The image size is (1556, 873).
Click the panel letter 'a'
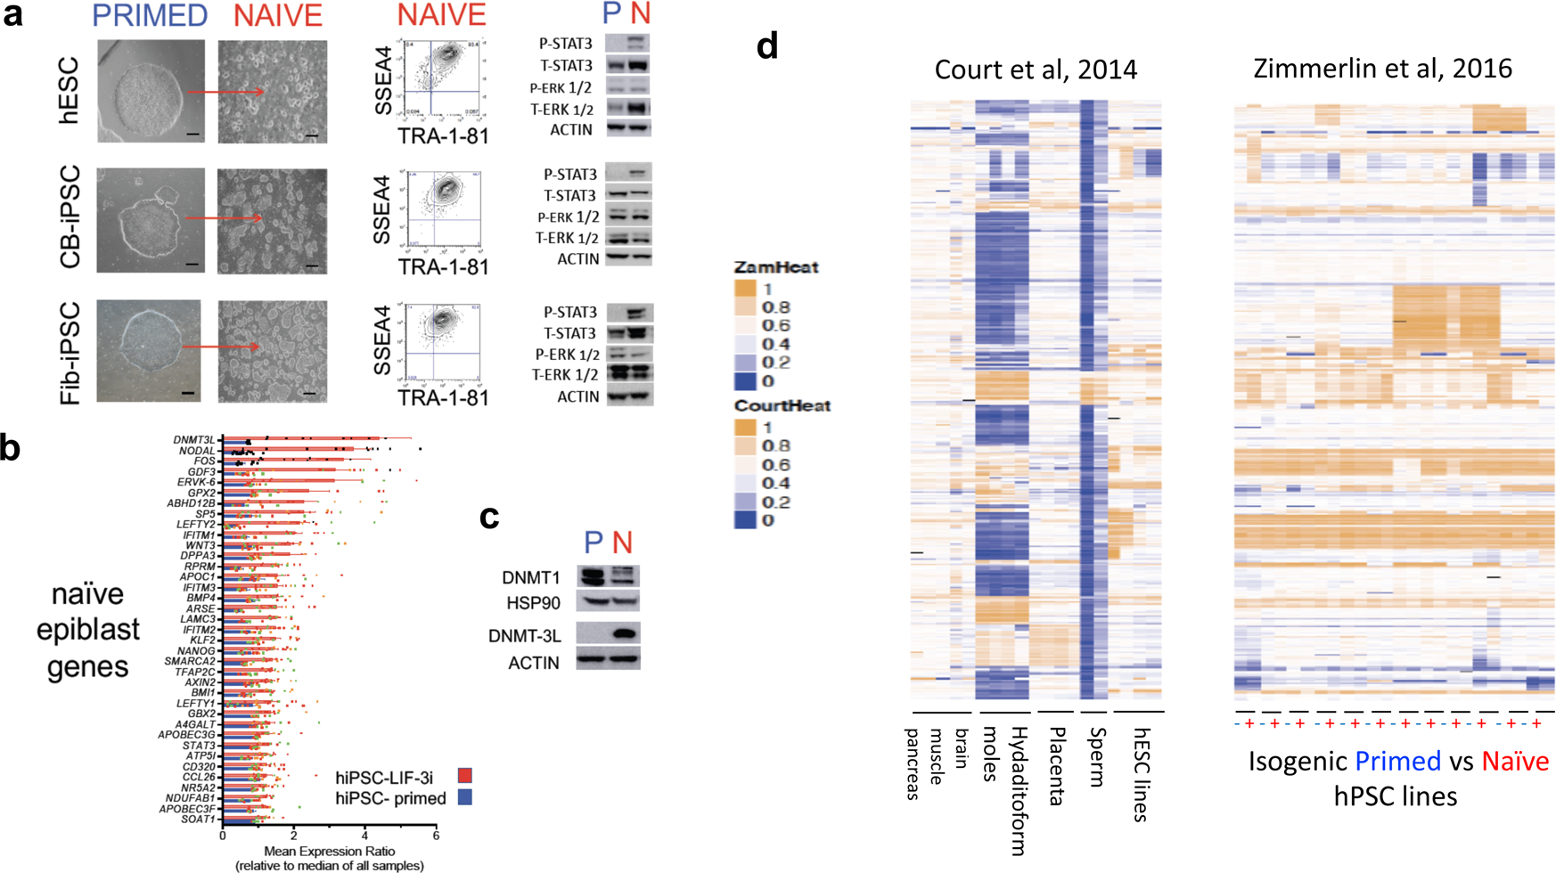point(12,15)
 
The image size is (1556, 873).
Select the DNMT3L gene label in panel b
point(194,440)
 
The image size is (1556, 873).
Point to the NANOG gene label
point(196,651)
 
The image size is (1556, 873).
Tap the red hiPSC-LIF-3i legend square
point(464,776)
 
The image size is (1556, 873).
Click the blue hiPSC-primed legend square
point(464,797)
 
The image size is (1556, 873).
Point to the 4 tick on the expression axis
point(364,836)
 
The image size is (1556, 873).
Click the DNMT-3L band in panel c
point(624,634)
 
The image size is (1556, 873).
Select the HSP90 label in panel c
point(533,603)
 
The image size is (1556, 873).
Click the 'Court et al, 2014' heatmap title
point(1036,69)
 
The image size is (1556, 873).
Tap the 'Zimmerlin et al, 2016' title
point(1382,68)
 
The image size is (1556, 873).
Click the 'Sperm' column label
point(1097,757)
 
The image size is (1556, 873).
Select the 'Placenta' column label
point(1057,766)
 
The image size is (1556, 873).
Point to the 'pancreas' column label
point(912,763)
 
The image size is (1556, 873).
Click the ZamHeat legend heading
point(775,267)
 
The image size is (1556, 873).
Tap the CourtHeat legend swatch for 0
point(744,520)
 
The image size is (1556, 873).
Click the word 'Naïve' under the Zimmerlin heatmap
point(1515,762)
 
